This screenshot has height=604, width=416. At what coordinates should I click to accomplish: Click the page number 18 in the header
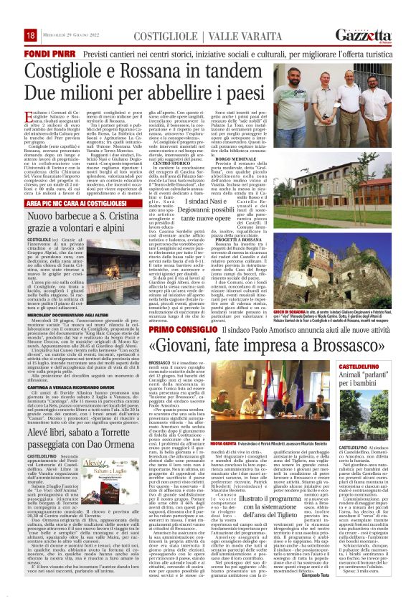click(30, 35)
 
